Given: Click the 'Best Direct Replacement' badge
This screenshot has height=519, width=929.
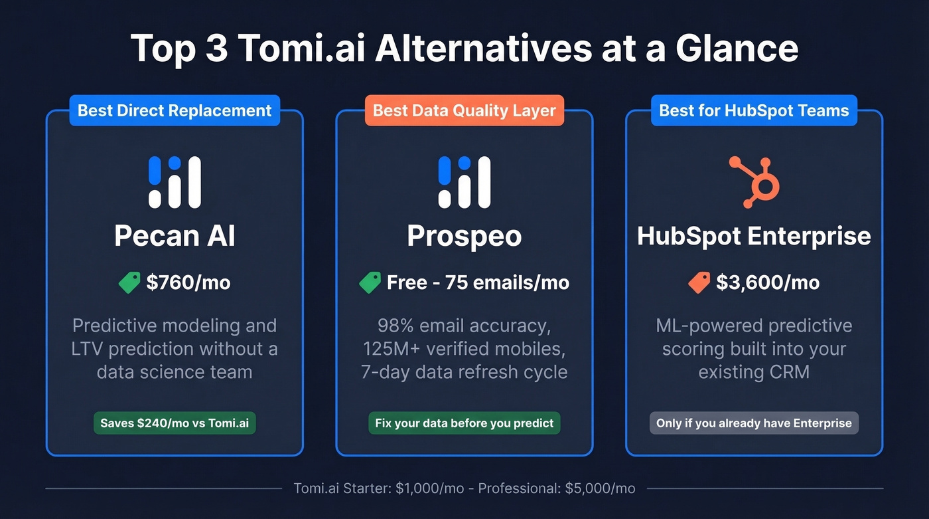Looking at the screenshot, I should [175, 110].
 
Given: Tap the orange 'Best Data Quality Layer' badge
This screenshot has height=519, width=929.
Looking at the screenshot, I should [464, 110].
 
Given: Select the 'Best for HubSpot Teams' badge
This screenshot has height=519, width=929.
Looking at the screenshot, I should [754, 110].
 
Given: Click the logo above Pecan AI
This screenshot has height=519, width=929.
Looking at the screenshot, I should [175, 182].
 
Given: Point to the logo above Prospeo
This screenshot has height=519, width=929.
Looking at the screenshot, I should [464, 182].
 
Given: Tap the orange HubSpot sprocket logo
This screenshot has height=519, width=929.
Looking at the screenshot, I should [754, 181].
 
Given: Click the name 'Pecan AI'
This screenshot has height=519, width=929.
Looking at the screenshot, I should [175, 236].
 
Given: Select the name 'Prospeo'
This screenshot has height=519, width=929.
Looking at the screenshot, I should [464, 236].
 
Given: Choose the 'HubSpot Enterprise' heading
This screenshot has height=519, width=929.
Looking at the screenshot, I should [754, 236].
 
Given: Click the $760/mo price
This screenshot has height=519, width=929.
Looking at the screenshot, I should [188, 282].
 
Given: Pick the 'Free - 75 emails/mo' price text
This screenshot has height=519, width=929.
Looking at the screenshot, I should [478, 282].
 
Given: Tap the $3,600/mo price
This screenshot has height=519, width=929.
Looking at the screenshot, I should [768, 282].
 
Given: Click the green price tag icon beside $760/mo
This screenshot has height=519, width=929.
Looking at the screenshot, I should [130, 283].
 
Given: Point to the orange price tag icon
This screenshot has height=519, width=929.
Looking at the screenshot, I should [699, 283].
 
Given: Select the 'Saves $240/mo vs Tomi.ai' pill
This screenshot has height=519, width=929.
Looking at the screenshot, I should [175, 423].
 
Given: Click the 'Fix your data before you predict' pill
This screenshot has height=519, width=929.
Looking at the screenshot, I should [464, 423].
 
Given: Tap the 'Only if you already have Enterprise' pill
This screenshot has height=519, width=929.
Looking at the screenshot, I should [754, 423].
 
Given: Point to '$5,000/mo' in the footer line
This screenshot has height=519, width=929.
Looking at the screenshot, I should [600, 488].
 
